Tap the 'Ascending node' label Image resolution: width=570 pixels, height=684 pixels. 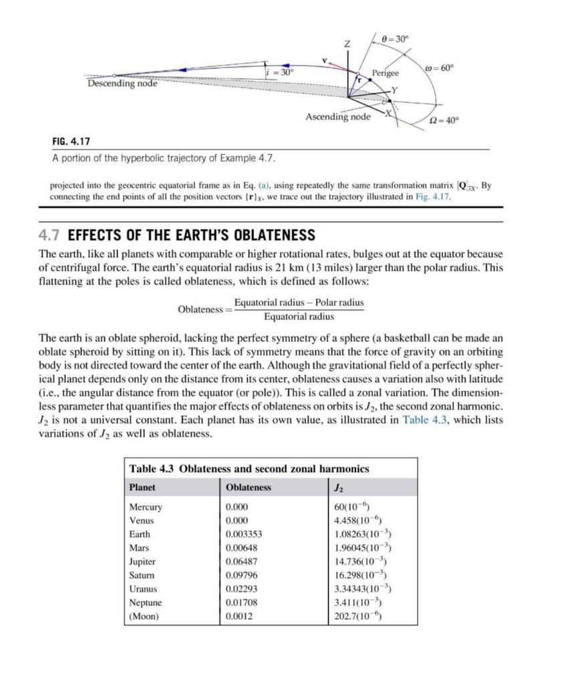[337, 117]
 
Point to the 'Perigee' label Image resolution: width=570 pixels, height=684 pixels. [385, 73]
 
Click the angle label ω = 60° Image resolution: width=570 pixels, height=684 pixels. [438, 67]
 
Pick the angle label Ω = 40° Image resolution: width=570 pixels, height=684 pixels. [443, 120]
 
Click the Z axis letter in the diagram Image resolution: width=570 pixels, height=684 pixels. [347, 43]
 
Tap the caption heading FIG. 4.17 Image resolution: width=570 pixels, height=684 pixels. [71, 142]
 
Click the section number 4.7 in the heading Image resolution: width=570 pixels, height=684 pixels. [51, 235]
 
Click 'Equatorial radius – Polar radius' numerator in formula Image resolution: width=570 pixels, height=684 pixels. [299, 303]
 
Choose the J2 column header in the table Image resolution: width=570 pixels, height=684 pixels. [339, 487]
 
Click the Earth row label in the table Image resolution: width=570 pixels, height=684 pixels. [140, 534]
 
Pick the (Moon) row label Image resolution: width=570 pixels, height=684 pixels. [144, 616]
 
